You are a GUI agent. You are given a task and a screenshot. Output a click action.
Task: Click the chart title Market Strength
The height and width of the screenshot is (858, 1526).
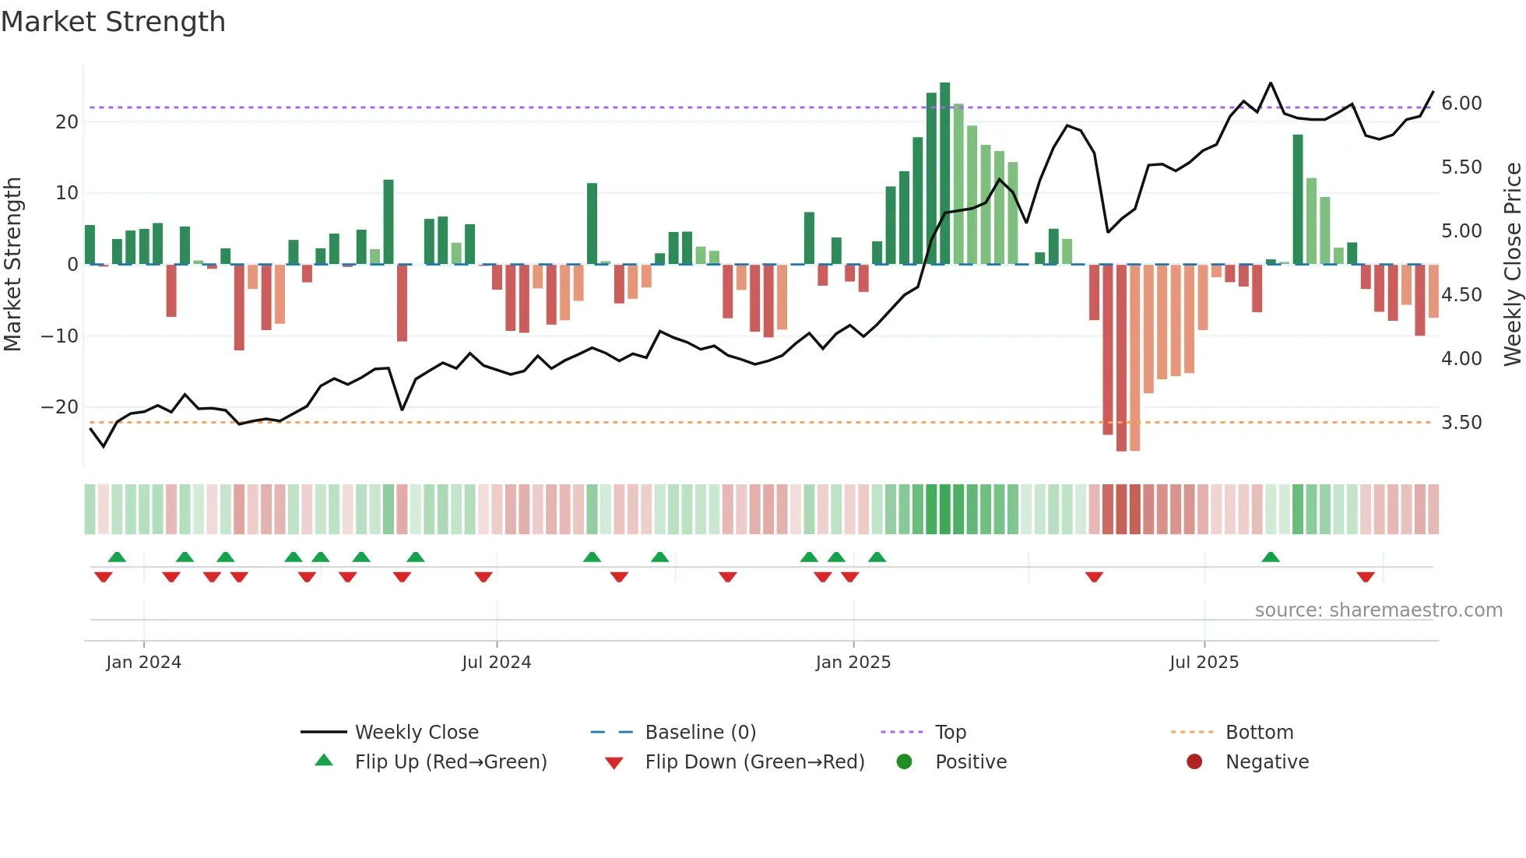pos(113,22)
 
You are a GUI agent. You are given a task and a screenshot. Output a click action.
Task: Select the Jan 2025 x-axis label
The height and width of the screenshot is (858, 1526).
pos(853,663)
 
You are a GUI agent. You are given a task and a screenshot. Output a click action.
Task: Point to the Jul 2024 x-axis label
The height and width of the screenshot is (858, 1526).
pos(496,663)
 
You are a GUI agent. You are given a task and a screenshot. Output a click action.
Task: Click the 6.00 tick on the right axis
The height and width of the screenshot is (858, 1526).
pos(1461,104)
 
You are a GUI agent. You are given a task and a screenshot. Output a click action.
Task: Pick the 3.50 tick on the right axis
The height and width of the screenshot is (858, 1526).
pos(1461,423)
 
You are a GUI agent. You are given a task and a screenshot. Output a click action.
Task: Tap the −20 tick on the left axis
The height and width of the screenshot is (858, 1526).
pos(59,407)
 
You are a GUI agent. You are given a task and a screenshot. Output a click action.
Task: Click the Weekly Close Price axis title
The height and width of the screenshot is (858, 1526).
pos(1512,264)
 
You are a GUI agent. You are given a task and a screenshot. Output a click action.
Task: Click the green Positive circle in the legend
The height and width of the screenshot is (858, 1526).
pos(904,761)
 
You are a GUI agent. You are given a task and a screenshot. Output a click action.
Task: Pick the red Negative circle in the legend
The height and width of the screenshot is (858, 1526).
pos(1194,761)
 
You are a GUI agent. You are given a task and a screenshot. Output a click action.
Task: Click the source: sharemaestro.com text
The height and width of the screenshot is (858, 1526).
pos(1378,610)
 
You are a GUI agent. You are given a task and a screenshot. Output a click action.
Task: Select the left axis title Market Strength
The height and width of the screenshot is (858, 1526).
pos(12,264)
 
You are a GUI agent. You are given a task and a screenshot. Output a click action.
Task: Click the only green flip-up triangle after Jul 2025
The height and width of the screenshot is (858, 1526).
pos(1270,557)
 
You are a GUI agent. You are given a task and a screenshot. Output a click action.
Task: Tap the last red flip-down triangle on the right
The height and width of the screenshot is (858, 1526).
pos(1365,577)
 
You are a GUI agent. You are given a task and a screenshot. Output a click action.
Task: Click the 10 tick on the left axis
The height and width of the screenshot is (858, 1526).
pos(67,193)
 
